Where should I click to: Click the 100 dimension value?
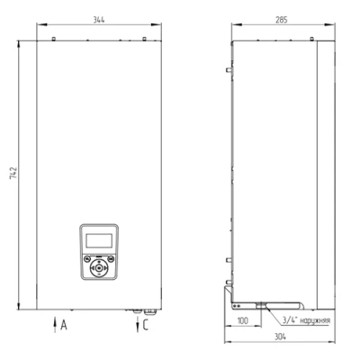pos(242,319)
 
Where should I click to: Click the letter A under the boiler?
pos(62,326)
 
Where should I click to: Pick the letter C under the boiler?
pos(146,326)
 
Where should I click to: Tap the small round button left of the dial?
pos(85,267)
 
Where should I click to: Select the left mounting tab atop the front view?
pos(53,38)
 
